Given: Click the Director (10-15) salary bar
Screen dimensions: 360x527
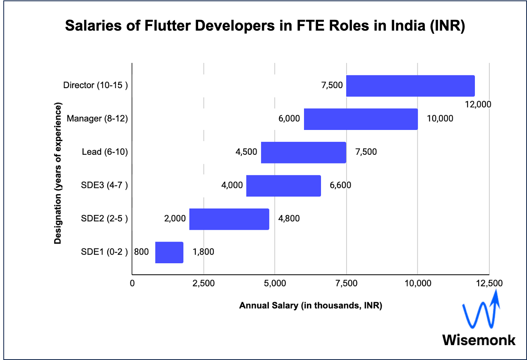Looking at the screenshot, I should tap(410, 86).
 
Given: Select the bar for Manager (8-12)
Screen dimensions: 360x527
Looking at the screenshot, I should tap(361, 119).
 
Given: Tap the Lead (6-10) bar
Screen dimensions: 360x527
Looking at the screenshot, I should tap(303, 152).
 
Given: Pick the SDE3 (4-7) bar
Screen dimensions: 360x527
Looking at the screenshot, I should tap(283, 185).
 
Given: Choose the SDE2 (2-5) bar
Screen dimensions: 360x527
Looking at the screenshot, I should tap(229, 219).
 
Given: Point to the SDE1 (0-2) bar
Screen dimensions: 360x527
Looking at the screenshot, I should tap(169, 252).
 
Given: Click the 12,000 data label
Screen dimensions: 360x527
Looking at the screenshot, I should tap(478, 104).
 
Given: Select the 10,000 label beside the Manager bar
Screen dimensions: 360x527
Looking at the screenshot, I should tap(440, 119).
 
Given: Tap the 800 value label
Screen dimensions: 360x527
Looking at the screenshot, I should tap(141, 252).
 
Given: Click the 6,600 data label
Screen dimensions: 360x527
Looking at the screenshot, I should tap(340, 185).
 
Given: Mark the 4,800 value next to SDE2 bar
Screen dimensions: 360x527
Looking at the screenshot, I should tap(288, 218).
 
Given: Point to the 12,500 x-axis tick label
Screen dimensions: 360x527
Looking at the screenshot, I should tap(489, 283).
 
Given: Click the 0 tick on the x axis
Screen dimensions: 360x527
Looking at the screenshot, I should tap(132, 283).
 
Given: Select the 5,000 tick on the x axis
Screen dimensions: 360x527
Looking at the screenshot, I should tap(275, 283).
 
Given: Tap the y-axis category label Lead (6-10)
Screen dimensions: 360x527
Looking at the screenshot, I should tap(105, 152).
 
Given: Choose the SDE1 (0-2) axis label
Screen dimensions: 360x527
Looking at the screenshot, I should tap(104, 252).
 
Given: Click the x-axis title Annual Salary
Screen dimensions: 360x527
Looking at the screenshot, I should tap(310, 306).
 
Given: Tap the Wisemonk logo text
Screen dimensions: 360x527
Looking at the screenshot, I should tap(479, 340).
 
